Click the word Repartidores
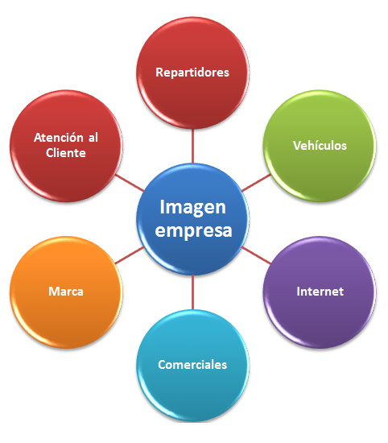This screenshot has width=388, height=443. [192, 72]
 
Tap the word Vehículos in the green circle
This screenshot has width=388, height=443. [320, 146]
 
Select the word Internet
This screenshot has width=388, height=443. [320, 292]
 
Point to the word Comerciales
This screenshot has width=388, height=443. [192, 364]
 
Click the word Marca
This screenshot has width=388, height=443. [66, 292]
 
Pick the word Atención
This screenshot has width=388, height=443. [59, 138]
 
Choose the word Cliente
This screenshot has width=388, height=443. [66, 153]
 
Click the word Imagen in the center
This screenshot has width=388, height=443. [193, 209]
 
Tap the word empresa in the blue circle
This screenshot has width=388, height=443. [193, 230]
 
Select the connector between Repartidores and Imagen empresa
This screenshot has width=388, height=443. [192, 146]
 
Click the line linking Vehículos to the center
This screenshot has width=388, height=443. [256, 183]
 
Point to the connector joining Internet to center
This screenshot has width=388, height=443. [256, 255]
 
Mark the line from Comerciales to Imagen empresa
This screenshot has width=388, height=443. [192, 292]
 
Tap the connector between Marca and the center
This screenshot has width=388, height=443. [130, 255]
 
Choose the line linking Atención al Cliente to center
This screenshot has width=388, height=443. [130, 183]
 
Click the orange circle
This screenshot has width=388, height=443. [66, 292]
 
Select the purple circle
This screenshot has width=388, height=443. [320, 292]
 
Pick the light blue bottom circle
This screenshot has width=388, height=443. [192, 366]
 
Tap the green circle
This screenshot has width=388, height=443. [320, 146]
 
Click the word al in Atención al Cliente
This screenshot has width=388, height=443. [93, 138]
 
